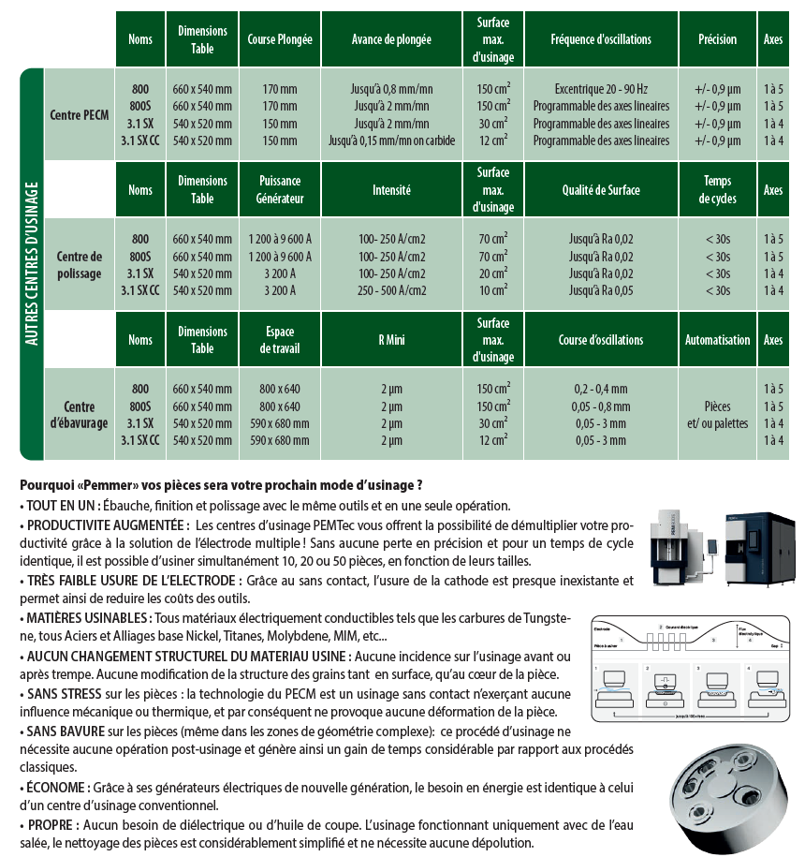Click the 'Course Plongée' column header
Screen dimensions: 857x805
279,39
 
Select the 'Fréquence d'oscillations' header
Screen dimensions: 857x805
601,39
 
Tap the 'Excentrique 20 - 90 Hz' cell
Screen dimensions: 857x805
601,88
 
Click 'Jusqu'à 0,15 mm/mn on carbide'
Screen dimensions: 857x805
391,140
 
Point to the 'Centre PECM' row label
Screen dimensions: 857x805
79,114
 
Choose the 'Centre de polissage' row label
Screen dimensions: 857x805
79,264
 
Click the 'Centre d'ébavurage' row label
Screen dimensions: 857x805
79,415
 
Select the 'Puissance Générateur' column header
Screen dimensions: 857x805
279,189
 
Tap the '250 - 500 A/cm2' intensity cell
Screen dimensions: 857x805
391,290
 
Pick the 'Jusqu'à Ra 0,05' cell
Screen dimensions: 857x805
601,290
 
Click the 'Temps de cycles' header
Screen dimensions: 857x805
717,189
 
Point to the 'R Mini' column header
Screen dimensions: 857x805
391,340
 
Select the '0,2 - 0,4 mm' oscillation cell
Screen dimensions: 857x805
601,389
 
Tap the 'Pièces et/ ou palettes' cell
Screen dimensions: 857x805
717,415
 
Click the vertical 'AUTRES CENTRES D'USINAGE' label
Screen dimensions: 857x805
32,264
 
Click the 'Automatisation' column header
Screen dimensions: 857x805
717,340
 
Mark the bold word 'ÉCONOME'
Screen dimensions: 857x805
57,788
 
